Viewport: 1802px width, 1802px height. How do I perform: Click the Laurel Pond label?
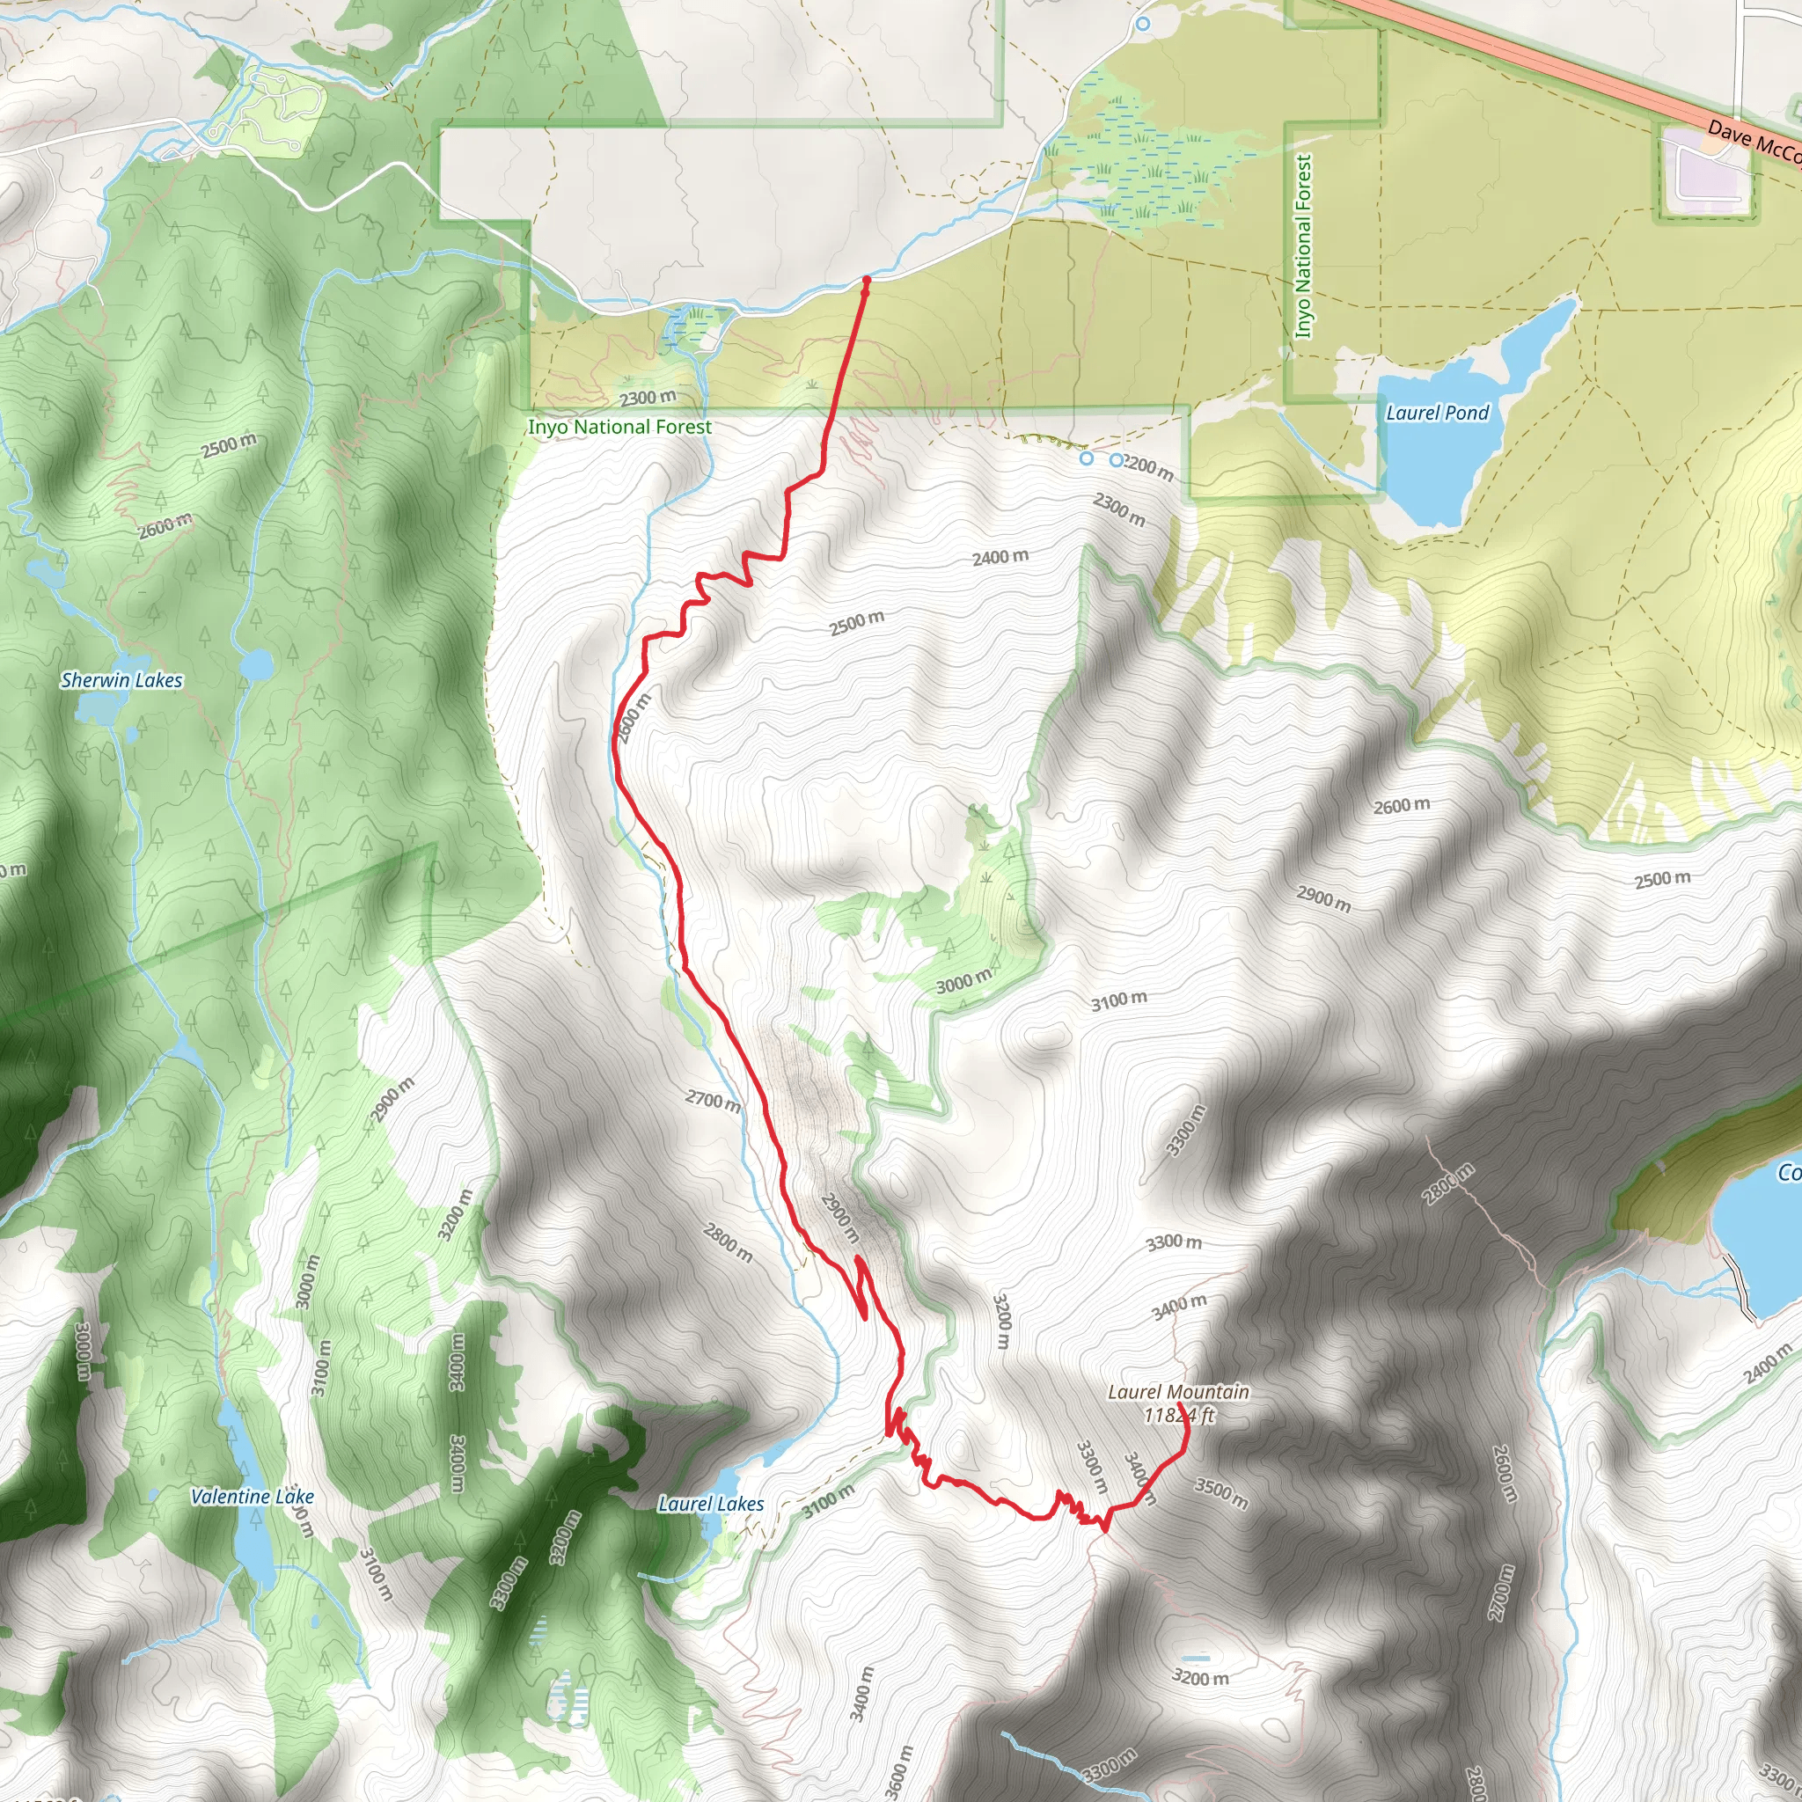click(1438, 413)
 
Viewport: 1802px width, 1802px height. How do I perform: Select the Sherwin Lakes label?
click(121, 680)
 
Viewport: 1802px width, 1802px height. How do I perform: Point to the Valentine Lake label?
click(252, 1497)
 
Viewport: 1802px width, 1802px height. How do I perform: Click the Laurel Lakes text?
click(711, 1504)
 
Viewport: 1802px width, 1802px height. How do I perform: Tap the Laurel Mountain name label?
click(1178, 1392)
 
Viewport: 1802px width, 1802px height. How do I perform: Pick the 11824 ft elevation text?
click(1179, 1415)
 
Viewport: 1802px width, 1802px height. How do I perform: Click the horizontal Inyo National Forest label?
click(619, 427)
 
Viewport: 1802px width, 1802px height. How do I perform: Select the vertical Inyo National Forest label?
click(1303, 246)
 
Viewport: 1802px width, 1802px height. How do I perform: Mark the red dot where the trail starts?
click(866, 280)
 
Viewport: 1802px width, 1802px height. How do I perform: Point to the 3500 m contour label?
click(1221, 1493)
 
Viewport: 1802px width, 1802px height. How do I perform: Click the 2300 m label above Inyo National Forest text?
click(648, 399)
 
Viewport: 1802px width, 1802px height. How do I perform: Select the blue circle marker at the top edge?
click(1144, 24)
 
